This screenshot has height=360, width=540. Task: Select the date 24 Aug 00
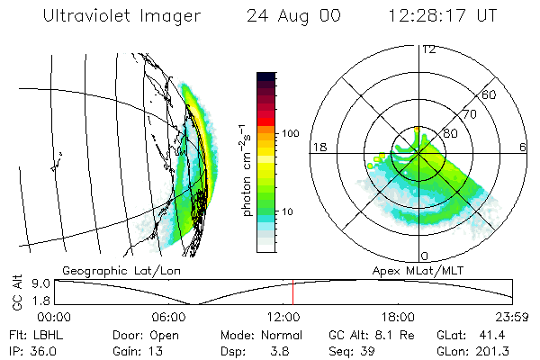[x=293, y=16]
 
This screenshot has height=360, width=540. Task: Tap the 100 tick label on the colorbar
[x=289, y=133]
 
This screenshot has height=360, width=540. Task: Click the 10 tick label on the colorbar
[x=286, y=211]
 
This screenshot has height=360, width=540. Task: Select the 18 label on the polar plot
[x=318, y=147]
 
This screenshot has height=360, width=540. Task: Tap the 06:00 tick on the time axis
[x=170, y=317]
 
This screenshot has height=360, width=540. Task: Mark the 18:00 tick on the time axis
[x=399, y=317]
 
